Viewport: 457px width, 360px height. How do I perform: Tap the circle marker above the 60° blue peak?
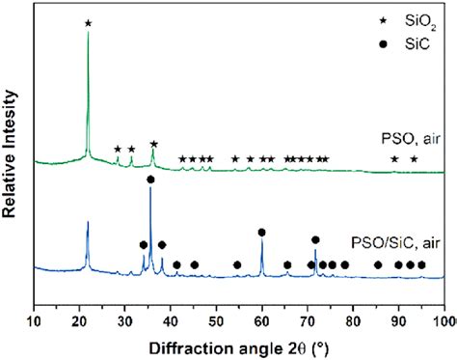(x=262, y=233)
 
